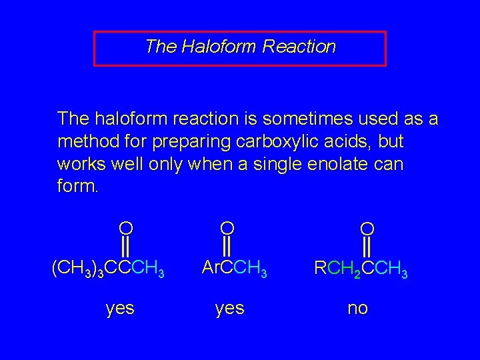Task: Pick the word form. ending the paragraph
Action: (x=78, y=186)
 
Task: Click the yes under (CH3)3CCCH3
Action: (x=120, y=309)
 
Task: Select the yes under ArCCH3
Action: (x=229, y=309)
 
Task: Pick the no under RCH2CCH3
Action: (x=357, y=309)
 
